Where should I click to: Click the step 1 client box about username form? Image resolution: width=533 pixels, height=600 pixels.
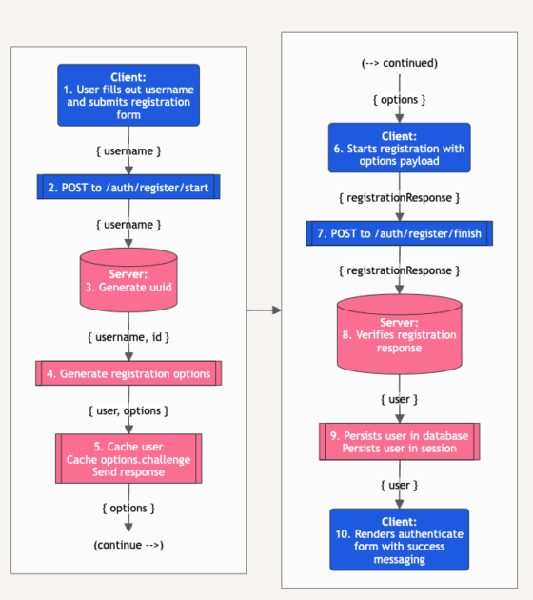pos(128,95)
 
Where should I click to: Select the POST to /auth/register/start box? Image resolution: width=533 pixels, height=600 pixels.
pos(128,187)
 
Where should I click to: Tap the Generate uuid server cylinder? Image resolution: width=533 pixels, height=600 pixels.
pos(128,280)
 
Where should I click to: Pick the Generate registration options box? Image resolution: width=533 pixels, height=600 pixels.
pos(128,373)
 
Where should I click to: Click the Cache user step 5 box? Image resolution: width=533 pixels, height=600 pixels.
pos(128,458)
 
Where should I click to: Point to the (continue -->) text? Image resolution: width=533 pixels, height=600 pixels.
pos(128,545)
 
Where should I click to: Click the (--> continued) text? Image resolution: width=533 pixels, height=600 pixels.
pos(400,63)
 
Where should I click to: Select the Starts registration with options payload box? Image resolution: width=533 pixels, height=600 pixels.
pos(400,148)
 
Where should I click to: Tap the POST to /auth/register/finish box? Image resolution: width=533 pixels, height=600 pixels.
pos(400,233)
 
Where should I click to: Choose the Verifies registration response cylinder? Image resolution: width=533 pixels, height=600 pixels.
pos(400,334)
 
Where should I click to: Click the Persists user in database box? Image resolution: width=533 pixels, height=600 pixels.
pos(400,442)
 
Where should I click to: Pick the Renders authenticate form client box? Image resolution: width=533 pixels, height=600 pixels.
pos(400,540)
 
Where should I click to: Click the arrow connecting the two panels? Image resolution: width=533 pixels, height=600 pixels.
pos(264,310)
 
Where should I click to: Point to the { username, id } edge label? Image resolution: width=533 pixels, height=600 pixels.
pos(128,337)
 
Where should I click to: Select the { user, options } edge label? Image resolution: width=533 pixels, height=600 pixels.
pos(128,410)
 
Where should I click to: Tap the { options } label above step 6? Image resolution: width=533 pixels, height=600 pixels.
pos(400,99)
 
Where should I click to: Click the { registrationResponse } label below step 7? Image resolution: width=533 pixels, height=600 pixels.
pos(400,270)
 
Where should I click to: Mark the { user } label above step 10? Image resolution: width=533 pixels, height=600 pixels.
pos(400,485)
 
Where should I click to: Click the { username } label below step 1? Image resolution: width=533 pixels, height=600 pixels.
pos(128,151)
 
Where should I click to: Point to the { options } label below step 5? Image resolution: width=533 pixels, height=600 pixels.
pos(128,509)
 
